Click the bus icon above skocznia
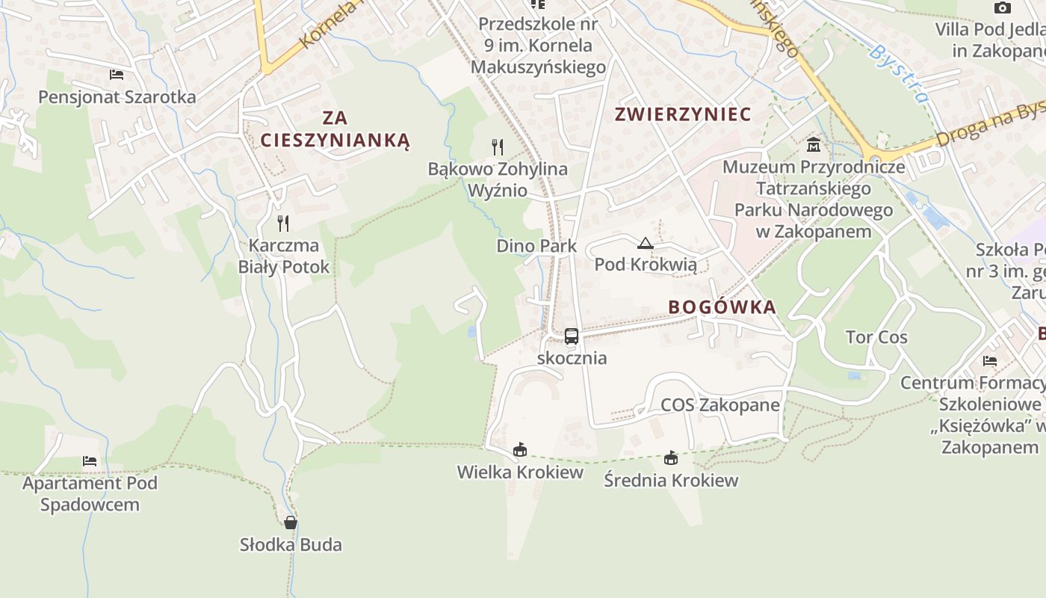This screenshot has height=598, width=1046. [x=572, y=336]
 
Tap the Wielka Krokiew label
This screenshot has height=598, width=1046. [x=520, y=472]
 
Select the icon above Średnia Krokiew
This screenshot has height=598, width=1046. [x=671, y=457]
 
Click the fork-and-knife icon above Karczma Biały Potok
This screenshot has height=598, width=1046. [x=283, y=223]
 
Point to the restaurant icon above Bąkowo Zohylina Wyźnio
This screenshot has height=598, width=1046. [x=498, y=147]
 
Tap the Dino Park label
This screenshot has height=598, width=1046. [x=536, y=246]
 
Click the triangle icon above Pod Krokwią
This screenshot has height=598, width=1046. [x=645, y=243]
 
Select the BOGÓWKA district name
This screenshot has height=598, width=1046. [x=722, y=307]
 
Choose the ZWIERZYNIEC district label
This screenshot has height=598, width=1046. [x=682, y=114]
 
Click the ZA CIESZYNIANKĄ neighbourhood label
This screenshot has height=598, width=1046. [x=335, y=129]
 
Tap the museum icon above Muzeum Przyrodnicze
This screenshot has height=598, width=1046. [x=814, y=144]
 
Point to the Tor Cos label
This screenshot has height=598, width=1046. [x=876, y=337]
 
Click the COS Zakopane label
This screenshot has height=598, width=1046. [x=719, y=405]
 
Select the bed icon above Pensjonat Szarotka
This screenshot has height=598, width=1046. [x=117, y=75]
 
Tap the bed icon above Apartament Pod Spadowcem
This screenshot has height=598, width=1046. [x=90, y=461]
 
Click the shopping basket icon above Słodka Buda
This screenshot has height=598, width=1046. [x=291, y=522]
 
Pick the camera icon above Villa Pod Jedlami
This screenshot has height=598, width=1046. [x=1003, y=8]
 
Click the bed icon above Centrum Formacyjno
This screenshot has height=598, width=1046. [x=990, y=361]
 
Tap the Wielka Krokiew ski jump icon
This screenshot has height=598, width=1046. [x=520, y=450]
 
